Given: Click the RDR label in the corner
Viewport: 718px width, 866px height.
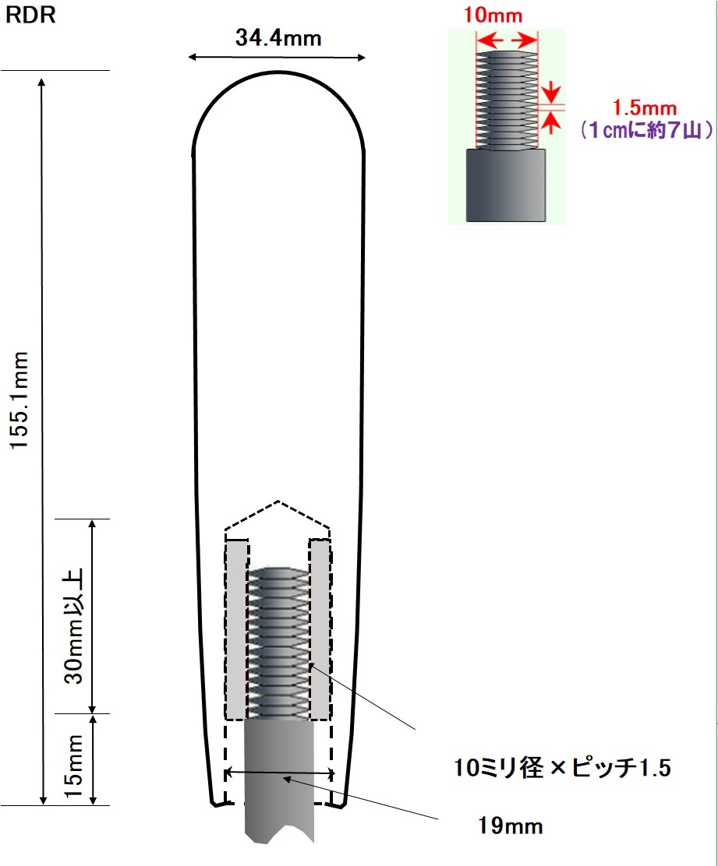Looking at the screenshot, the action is [x=30, y=15].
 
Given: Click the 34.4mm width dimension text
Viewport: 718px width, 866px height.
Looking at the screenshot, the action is [x=278, y=37].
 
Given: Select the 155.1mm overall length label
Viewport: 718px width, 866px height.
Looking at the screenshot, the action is [x=19, y=400].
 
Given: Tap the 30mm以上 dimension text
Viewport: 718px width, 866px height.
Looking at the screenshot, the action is [x=73, y=626].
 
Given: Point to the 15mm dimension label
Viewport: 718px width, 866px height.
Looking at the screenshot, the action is [x=73, y=766].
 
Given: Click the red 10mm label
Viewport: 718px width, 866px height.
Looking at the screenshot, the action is [x=493, y=15].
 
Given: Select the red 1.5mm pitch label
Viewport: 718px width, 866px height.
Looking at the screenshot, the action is [x=645, y=107].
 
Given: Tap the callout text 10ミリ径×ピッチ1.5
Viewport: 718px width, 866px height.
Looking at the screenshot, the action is [x=562, y=767].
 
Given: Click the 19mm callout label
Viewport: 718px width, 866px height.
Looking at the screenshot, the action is [x=510, y=826].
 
